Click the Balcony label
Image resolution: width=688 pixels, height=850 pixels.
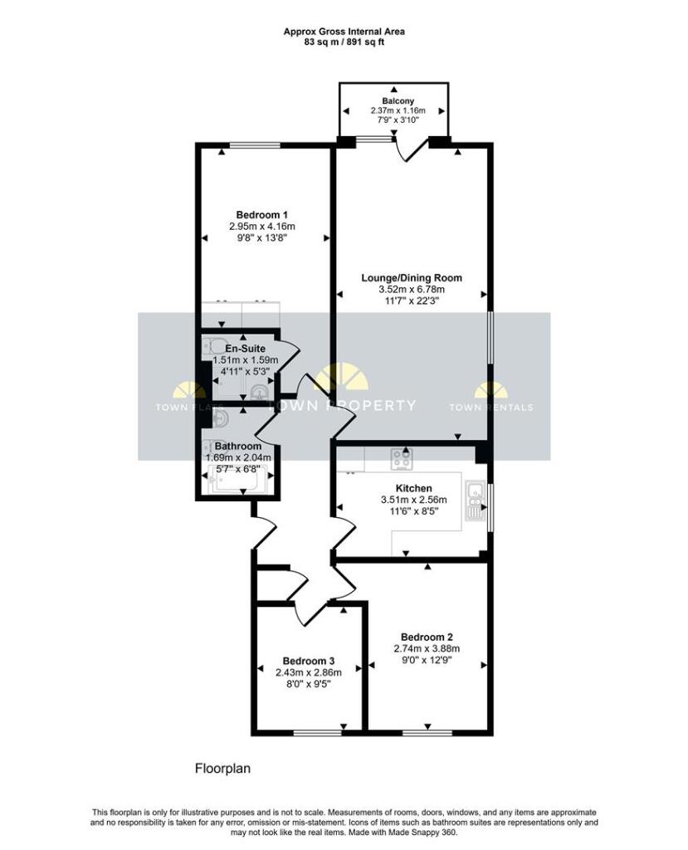[x=397, y=100]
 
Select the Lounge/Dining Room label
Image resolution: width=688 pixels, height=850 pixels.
[x=411, y=278]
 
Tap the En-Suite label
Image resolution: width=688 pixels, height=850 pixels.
[x=246, y=349]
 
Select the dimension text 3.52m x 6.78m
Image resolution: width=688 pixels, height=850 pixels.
[x=411, y=290]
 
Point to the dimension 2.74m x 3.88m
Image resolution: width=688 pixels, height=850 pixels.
[x=427, y=649]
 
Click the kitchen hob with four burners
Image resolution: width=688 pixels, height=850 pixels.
[x=403, y=458]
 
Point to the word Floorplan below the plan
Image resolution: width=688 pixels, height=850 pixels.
[x=222, y=769]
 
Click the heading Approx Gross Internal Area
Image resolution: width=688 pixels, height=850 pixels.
[x=344, y=32]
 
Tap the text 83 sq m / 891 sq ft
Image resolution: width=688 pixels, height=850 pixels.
[x=344, y=42]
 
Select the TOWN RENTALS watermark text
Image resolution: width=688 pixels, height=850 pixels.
[x=491, y=407]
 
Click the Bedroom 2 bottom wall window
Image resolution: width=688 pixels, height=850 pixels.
[x=427, y=732]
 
